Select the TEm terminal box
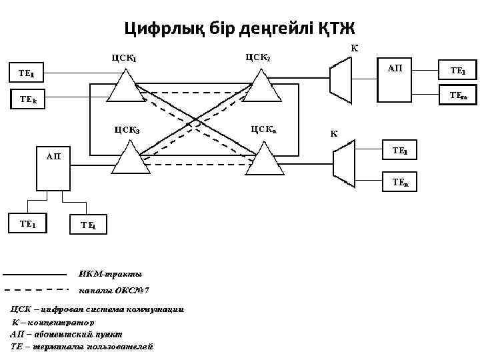point(457,95)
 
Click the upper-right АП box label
point(395,69)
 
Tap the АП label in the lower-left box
point(53,157)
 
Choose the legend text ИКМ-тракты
point(101,274)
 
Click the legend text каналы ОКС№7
point(114,291)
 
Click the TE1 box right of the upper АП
point(457,70)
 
